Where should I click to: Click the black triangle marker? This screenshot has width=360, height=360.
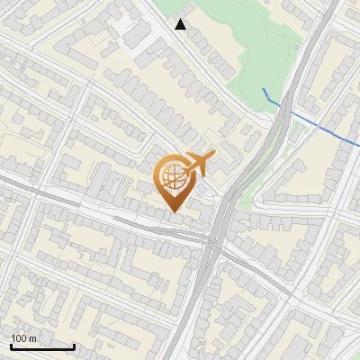[x=181, y=24]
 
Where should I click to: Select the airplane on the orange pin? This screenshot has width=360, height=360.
[x=198, y=165]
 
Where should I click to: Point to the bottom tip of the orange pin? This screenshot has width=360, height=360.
[x=175, y=211]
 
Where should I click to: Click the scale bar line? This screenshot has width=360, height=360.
[x=42, y=347]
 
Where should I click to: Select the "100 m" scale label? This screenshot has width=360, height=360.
[x=24, y=338]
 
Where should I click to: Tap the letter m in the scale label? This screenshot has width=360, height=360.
[x=33, y=338]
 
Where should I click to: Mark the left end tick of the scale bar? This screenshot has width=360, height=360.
[x=11, y=346]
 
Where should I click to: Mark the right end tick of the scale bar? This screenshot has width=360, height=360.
[x=74, y=346]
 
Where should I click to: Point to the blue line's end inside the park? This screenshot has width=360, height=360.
[x=263, y=90]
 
